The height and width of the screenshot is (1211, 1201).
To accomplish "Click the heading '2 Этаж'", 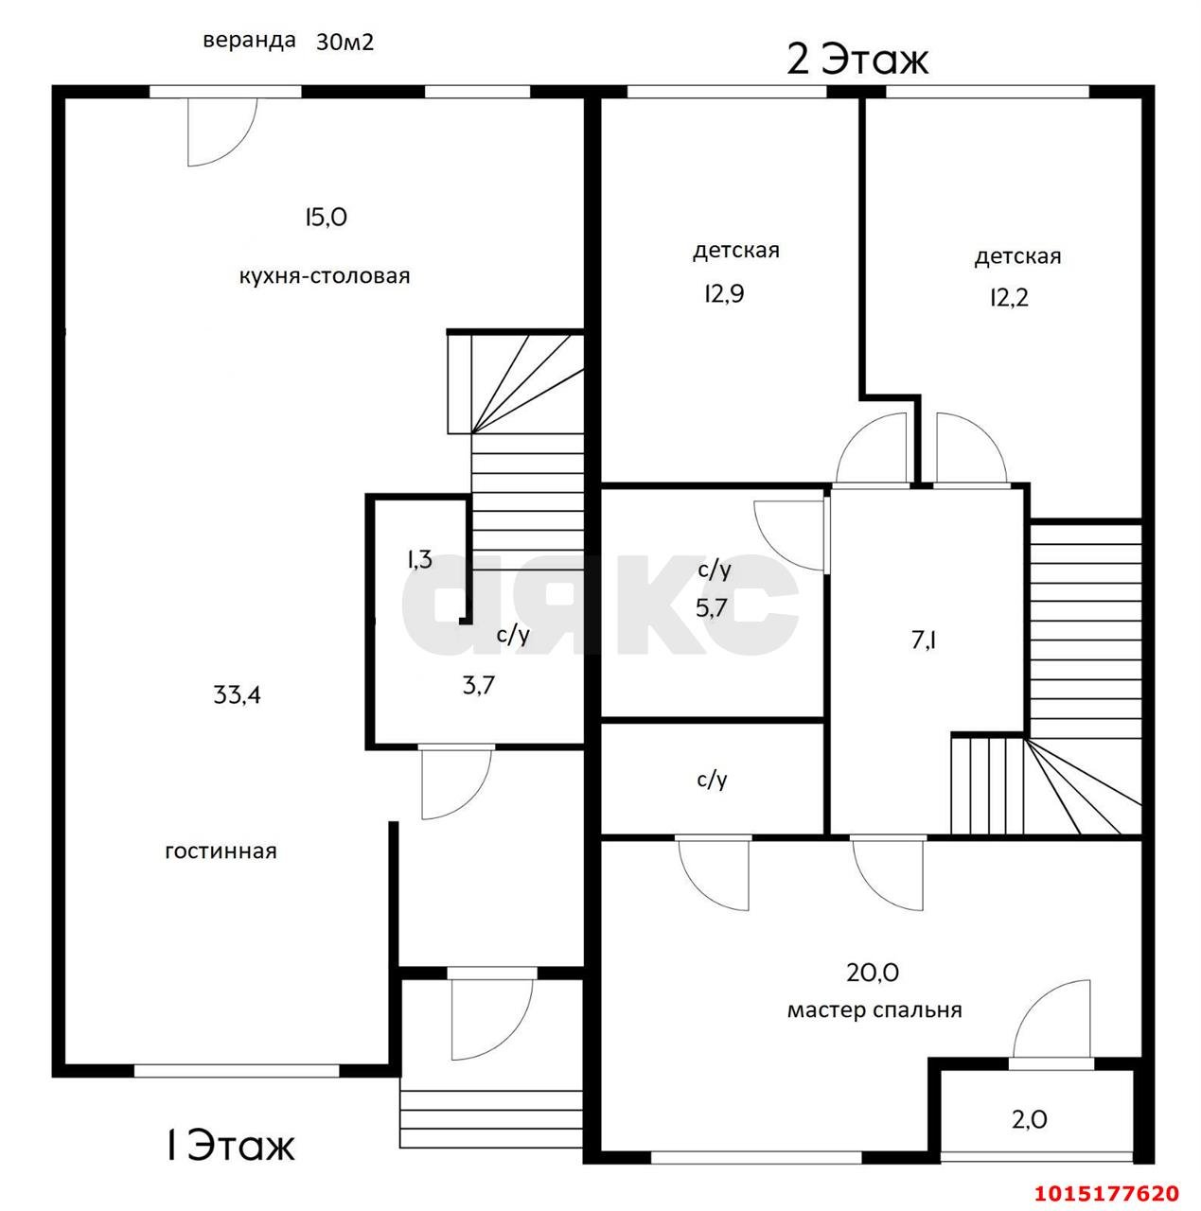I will click(x=857, y=60).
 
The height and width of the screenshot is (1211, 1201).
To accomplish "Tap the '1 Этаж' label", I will click(x=230, y=1146).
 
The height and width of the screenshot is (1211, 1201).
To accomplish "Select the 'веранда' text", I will click(x=249, y=42).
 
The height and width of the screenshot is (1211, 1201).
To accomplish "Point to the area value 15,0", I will click(x=326, y=218).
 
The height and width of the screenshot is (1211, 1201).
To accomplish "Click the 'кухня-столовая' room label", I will click(x=325, y=276).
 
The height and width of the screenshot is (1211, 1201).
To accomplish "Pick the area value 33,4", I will click(x=238, y=695).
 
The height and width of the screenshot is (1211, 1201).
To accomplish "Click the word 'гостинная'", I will click(x=221, y=851).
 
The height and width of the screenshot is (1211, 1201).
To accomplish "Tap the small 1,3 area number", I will click(x=419, y=559).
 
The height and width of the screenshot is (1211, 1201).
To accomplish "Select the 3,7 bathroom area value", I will click(x=478, y=685).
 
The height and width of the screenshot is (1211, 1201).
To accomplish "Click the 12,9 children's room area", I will click(x=723, y=294).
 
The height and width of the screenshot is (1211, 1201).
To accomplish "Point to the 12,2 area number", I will click(x=1009, y=298).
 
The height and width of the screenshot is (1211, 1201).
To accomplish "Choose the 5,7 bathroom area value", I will click(x=712, y=607).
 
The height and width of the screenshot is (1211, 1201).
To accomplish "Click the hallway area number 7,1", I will click(x=924, y=641).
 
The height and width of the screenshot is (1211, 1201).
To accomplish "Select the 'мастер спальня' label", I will click(x=874, y=1010).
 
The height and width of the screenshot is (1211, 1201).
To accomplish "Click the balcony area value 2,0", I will click(x=1029, y=1120).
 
